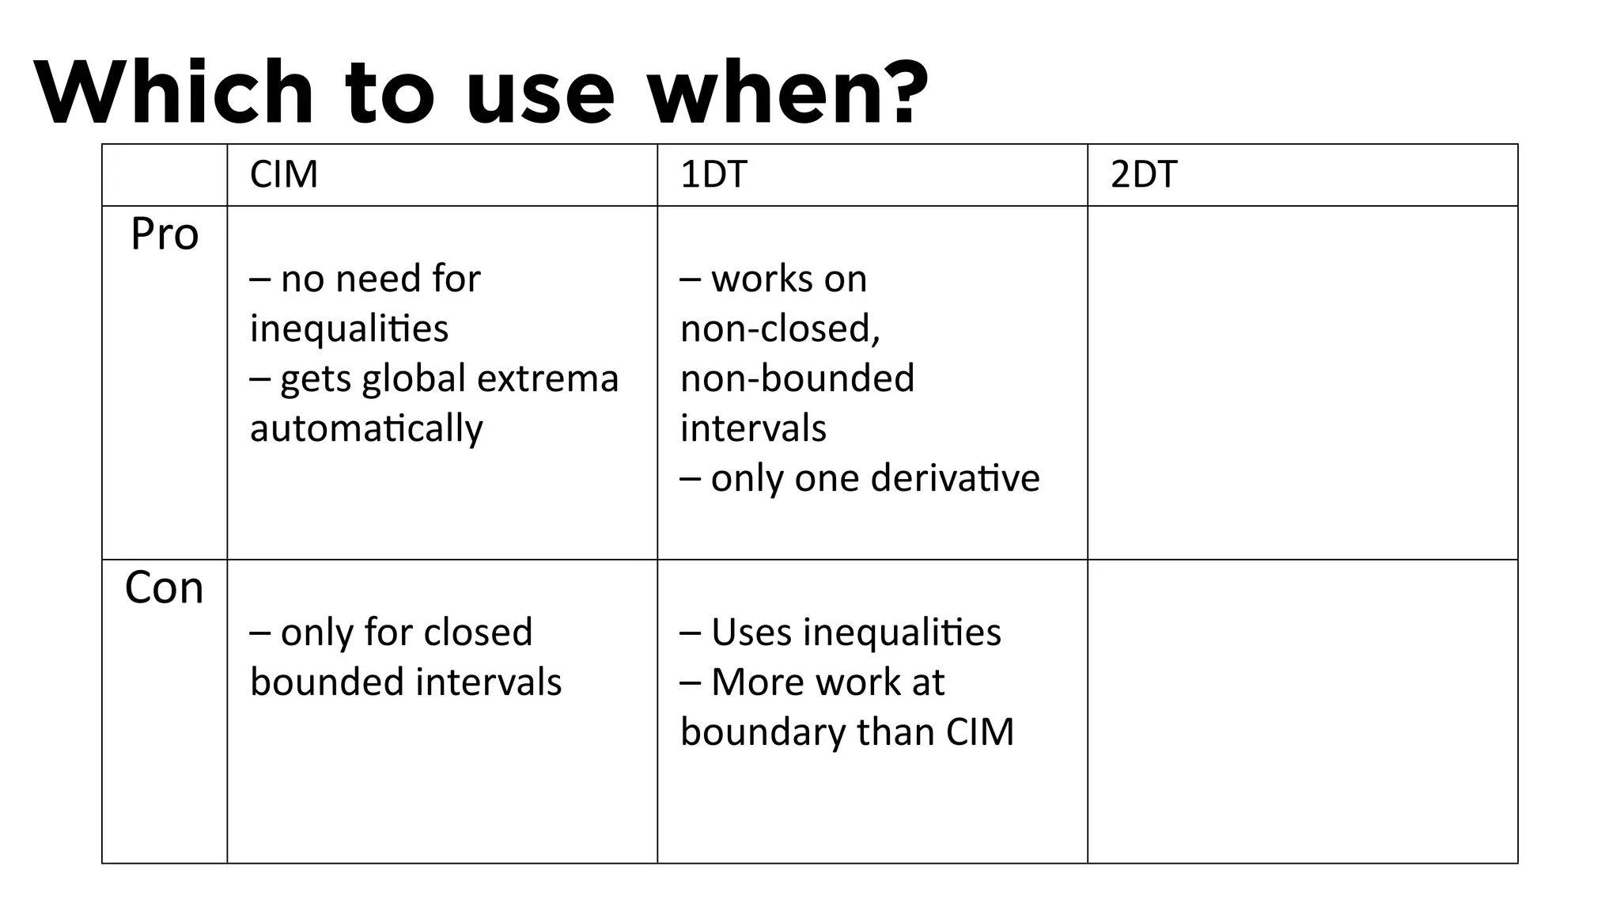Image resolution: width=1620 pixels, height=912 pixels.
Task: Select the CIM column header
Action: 284,174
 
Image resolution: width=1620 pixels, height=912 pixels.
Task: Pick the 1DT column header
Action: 713,174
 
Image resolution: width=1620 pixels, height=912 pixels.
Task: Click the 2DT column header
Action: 1144,174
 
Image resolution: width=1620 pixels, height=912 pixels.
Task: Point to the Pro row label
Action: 165,234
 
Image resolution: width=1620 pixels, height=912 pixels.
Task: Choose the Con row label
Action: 165,588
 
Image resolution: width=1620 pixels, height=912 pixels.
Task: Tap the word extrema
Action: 548,378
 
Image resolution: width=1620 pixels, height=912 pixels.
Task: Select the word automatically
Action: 366,429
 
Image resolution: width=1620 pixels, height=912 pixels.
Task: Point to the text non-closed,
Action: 780,329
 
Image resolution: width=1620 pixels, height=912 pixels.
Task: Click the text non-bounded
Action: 797,378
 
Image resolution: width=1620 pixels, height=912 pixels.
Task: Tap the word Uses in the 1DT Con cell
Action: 751,633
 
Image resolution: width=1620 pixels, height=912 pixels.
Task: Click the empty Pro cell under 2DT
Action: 1302,382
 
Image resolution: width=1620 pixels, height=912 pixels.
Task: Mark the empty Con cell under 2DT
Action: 1302,711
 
